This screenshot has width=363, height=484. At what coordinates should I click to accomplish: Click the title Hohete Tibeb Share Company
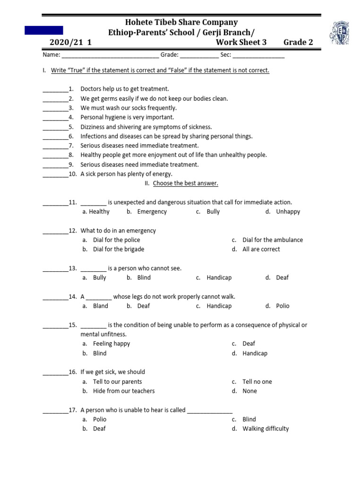pos(181,22)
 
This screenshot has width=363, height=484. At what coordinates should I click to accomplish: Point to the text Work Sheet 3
pos(241,43)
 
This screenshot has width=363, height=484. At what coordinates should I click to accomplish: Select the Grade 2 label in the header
pos(298,43)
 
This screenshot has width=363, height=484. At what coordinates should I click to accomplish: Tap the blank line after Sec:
pos(259,55)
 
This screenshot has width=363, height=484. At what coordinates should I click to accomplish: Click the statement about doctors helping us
pos(125,89)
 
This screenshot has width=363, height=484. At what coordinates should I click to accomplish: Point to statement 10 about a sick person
pos(126,174)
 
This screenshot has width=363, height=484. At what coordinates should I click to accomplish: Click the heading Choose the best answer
pos(185,183)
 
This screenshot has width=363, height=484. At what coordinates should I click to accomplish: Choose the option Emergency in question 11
pos(152,212)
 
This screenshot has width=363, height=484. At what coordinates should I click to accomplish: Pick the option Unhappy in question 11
pos(288,212)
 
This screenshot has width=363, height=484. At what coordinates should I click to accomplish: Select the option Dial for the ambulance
pos(272,240)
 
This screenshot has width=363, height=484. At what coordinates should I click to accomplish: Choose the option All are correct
pos(261,250)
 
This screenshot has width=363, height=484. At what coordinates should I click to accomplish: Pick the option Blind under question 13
pos(144,278)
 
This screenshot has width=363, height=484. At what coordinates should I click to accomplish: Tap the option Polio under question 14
pos(283,306)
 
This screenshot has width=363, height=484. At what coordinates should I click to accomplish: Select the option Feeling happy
pos(111,344)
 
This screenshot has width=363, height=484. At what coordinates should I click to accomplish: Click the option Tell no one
pos(257,382)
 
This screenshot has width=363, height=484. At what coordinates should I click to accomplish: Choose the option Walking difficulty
pos(265,429)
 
